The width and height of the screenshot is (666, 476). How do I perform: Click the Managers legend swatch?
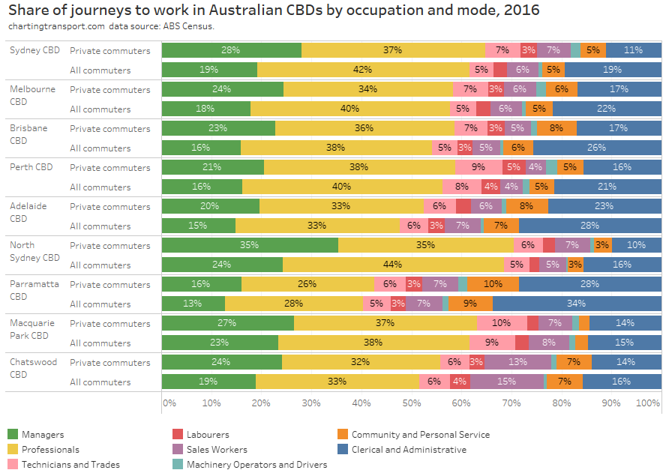click(x=13, y=435)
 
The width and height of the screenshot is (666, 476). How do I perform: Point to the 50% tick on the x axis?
click(x=411, y=403)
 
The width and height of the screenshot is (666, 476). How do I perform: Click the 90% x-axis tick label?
click(x=610, y=403)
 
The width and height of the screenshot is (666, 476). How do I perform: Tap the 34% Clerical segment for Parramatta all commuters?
click(x=577, y=304)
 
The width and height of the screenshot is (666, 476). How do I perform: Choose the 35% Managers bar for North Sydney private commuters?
click(x=250, y=245)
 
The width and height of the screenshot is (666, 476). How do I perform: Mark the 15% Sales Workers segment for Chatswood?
click(x=507, y=382)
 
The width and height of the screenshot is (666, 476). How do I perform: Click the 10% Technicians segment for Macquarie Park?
click(x=502, y=323)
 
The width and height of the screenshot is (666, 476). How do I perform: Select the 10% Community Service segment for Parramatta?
click(x=493, y=284)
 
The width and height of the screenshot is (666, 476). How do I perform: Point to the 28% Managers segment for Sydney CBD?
click(x=231, y=50)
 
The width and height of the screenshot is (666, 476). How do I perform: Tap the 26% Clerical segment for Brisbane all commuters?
click(x=597, y=148)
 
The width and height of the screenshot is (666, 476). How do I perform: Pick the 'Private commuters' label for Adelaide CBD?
click(x=109, y=206)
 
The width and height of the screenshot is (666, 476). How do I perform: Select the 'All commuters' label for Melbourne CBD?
click(x=100, y=109)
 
